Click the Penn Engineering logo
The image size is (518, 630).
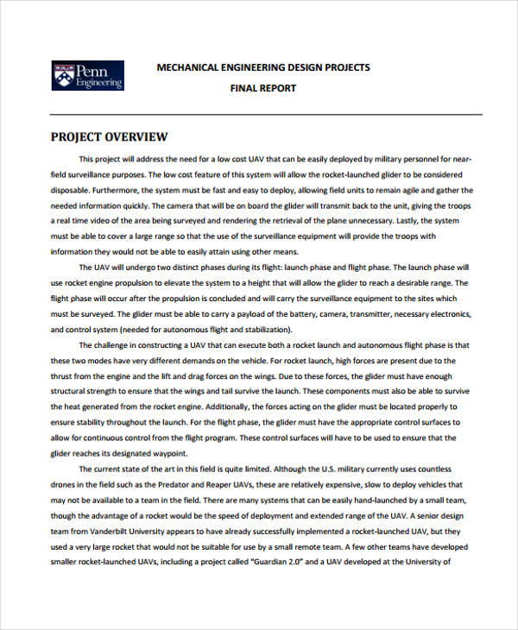click(87, 75)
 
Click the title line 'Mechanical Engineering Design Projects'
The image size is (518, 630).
click(262, 67)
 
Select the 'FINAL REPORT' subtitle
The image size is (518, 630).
click(262, 88)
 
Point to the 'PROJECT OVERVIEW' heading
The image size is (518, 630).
click(109, 137)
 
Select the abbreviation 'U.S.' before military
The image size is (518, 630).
click(329, 469)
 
